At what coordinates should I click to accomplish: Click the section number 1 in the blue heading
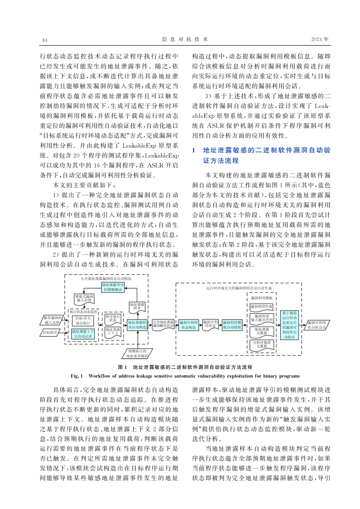(193, 150)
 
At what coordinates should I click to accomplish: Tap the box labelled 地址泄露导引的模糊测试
(113, 287)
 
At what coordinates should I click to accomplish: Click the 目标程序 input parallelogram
(50, 333)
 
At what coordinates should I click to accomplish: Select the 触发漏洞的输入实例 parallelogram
(52, 320)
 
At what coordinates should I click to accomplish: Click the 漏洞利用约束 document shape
(261, 306)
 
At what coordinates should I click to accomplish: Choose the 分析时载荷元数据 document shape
(261, 344)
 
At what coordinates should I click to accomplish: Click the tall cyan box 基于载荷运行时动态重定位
(290, 325)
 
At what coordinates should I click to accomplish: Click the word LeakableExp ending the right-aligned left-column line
(162, 155)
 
